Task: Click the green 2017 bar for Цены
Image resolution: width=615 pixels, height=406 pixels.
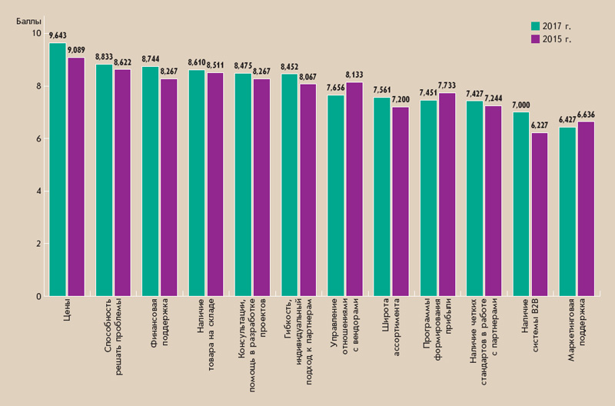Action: (x=58, y=169)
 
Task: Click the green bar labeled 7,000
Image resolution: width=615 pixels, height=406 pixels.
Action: (x=521, y=204)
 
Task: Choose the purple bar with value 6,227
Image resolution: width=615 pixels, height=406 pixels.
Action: (x=539, y=215)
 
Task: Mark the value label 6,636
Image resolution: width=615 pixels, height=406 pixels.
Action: (x=586, y=115)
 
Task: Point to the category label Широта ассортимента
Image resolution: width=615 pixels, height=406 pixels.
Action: (x=391, y=323)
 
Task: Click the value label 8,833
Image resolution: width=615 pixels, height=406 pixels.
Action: (x=104, y=57)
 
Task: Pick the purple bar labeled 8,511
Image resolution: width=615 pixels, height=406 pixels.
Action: (x=214, y=185)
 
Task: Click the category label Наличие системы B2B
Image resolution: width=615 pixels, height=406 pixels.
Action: (x=530, y=327)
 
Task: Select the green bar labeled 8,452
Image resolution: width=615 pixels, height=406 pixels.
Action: (x=289, y=185)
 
